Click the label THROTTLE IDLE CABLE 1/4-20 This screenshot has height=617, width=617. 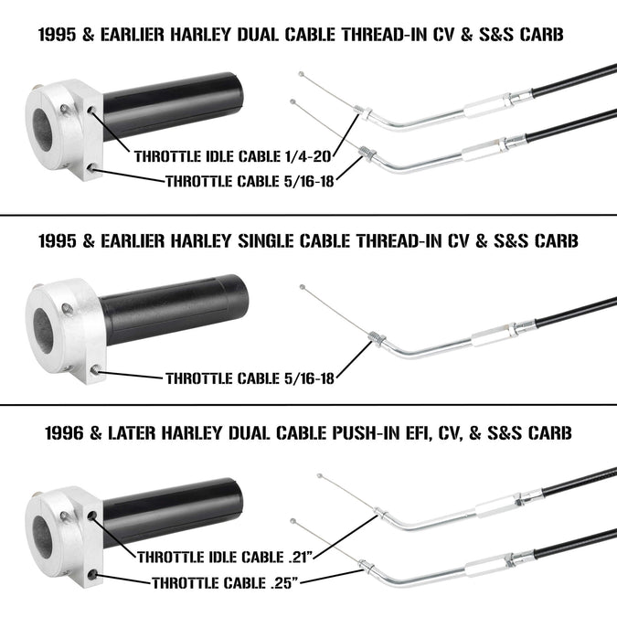coord(232,156)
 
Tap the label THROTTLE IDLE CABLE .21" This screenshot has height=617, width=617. coord(225,558)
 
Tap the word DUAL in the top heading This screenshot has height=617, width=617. coord(258,34)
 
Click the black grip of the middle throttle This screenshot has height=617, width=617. coord(174,309)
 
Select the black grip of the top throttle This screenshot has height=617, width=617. coord(173,106)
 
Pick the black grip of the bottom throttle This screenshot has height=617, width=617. coord(173,512)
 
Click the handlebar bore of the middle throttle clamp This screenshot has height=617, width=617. coord(43,330)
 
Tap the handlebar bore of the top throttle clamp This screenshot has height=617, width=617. coord(42,130)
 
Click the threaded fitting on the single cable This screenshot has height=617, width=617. coord(377,338)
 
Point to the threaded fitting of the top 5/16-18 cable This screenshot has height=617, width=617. coord(368,153)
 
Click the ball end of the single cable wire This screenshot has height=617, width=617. coord(303,287)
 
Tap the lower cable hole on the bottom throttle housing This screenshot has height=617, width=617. coord(93,575)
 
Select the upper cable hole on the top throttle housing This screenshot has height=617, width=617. coord(91,110)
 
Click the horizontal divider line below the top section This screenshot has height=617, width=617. coord(309,215)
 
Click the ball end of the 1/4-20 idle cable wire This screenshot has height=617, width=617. coord(302,74)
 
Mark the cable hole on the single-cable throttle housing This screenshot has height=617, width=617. coord(95,369)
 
